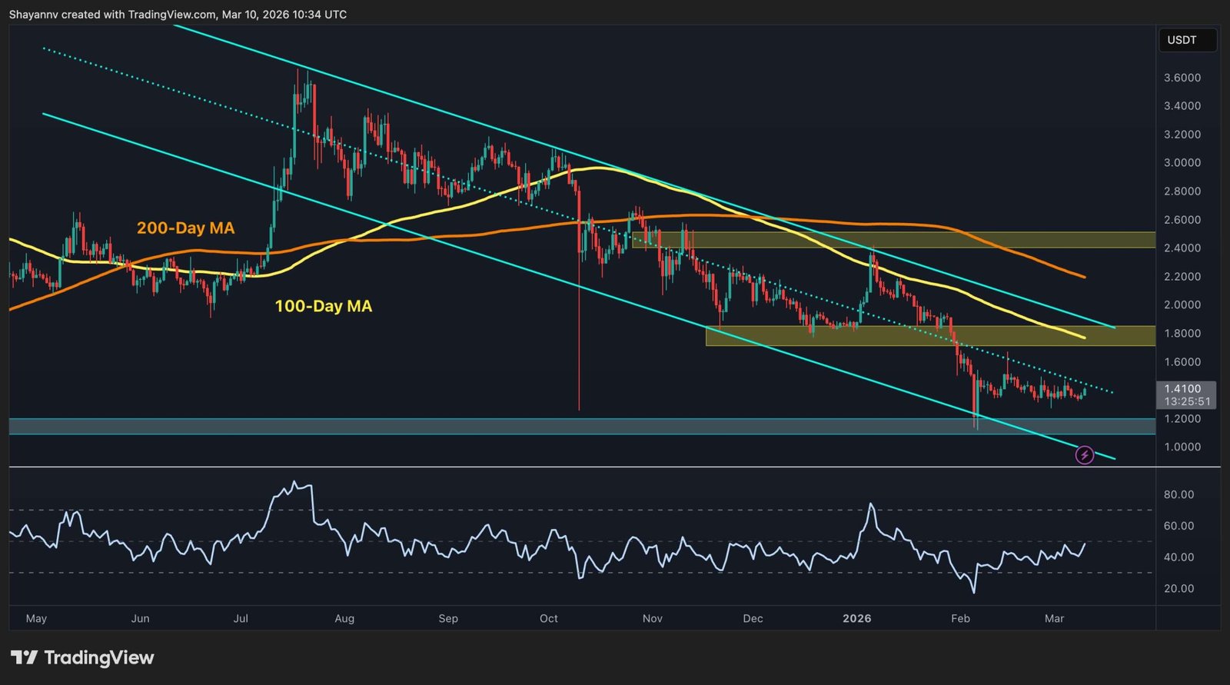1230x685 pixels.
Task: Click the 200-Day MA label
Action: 185,228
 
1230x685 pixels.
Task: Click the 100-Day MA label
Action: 323,306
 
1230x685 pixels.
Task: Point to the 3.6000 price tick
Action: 1182,78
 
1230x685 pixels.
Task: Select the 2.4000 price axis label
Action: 1182,248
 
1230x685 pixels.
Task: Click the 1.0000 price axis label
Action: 1182,447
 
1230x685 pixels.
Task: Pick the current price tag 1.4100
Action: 1182,389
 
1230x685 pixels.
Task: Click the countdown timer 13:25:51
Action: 1187,401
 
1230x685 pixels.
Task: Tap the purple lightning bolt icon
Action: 1084,455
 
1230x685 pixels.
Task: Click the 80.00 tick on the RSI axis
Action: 1178,494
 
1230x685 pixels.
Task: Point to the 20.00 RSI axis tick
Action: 1178,589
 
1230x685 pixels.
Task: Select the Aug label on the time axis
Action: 344,618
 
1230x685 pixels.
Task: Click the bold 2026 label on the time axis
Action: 856,618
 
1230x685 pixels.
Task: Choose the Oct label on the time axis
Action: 549,618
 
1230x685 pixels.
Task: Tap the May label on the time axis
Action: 36,618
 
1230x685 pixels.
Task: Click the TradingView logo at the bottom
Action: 83,658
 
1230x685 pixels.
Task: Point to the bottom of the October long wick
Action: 579,409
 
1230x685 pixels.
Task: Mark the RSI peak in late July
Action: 295,483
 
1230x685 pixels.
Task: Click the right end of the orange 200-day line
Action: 1084,277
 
